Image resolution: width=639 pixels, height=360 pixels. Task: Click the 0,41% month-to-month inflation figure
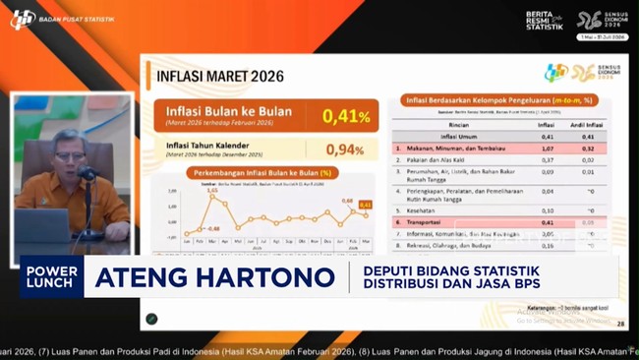pos(346,116)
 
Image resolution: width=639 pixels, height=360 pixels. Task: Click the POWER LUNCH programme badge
pos(52,278)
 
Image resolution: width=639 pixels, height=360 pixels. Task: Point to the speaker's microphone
pos(87,175)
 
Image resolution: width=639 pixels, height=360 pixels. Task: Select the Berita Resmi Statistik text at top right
pos(545,20)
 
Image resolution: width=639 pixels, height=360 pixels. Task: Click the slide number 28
pos(619,323)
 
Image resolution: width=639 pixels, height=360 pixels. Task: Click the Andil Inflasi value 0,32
pos(588,148)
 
